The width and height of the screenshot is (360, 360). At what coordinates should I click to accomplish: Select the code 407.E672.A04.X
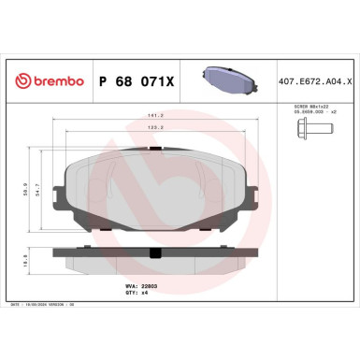[314, 82]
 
